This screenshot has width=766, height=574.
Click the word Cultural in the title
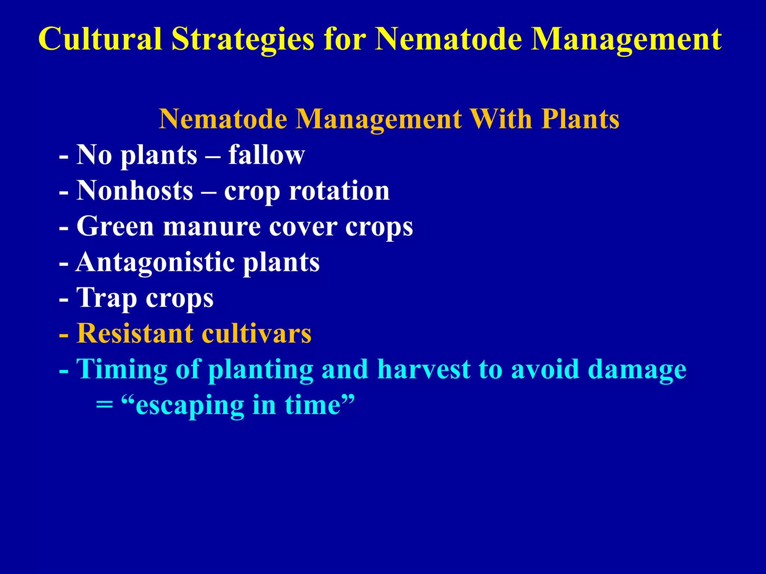coord(100,39)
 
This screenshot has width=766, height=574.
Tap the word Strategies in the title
coord(243,40)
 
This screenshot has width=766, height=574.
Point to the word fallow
coord(267,155)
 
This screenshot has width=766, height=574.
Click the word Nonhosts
coord(135,191)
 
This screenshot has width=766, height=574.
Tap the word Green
coord(115,226)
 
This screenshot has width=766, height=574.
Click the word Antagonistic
coord(156,262)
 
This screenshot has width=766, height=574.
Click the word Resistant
coord(135,333)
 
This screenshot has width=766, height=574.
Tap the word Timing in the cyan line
coord(122,369)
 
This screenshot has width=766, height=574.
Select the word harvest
coord(423,369)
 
